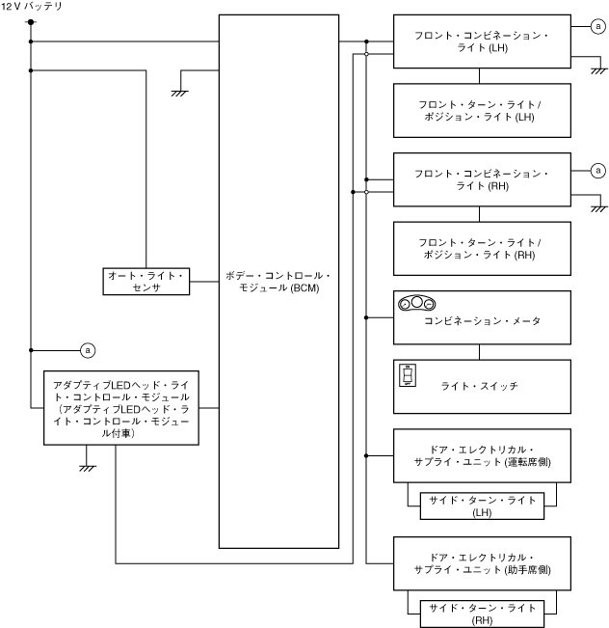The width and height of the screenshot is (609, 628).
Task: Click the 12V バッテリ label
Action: [33, 7]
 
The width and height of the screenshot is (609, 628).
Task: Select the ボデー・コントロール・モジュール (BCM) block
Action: [278, 281]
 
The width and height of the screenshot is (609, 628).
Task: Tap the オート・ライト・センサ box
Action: [146, 281]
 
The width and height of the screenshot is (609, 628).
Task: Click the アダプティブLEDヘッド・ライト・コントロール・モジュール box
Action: [121, 409]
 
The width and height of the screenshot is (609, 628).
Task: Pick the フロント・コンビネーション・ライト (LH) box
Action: [482, 41]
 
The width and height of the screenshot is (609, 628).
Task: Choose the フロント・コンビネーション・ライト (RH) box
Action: [482, 179]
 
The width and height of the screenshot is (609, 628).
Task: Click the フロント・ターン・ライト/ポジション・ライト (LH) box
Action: [482, 110]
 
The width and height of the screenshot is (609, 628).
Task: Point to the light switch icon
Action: [408, 374]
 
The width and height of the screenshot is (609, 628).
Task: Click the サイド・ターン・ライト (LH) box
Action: [482, 504]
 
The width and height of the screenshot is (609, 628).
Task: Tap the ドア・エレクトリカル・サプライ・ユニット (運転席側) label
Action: [482, 456]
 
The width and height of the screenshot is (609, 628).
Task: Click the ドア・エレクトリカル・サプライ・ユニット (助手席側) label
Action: [482, 564]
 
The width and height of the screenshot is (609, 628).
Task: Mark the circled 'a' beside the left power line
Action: [88, 348]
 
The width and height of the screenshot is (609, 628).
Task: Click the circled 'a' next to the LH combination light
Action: [598, 28]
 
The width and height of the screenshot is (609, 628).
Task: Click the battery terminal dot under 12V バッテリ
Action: [32, 22]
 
